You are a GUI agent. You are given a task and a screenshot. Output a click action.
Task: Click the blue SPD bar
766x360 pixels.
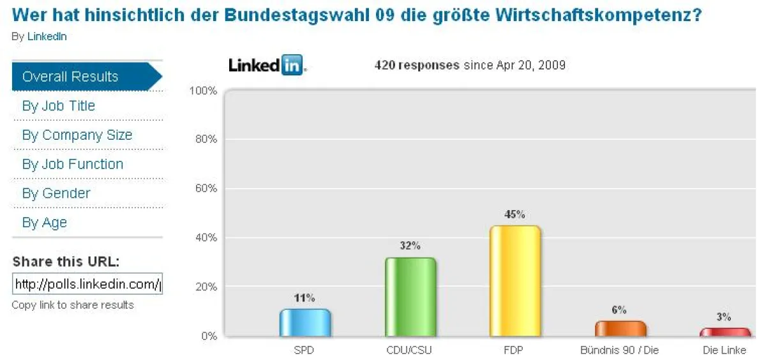coord(305,323)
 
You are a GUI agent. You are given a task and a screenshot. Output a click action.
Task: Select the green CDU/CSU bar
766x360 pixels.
coord(410,297)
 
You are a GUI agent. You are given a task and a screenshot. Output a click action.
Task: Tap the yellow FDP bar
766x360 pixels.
coord(515,281)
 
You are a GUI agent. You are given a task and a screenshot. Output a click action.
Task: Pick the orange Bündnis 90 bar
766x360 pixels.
coord(620,329)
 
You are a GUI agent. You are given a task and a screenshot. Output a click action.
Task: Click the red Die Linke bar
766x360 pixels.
coord(725,332)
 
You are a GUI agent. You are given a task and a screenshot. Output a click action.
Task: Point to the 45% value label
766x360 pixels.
coord(515,214)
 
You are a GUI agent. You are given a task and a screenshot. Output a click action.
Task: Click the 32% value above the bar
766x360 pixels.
coord(410,246)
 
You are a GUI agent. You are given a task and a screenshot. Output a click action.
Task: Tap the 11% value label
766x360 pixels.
coord(305,298)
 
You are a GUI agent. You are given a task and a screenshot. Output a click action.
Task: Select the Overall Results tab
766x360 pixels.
coord(70,77)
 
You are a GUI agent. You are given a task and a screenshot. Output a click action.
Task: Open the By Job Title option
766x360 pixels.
coord(58,106)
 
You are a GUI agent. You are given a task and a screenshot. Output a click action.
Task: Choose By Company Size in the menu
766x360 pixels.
coord(77,135)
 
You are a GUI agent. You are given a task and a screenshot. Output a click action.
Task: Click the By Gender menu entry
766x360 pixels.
coord(56,193)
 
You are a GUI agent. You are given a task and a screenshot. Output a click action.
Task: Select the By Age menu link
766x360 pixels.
coord(44,223)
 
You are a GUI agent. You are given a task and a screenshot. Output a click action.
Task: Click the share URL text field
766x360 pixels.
coord(87,284)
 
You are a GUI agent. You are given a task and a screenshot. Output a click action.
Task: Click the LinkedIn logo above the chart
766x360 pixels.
coord(266,65)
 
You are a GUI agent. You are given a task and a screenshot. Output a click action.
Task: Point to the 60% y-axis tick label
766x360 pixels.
coord(204,188)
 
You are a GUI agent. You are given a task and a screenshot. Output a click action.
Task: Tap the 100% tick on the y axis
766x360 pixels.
coord(203,91)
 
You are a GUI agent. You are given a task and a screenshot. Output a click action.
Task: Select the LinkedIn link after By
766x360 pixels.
coord(47,36)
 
